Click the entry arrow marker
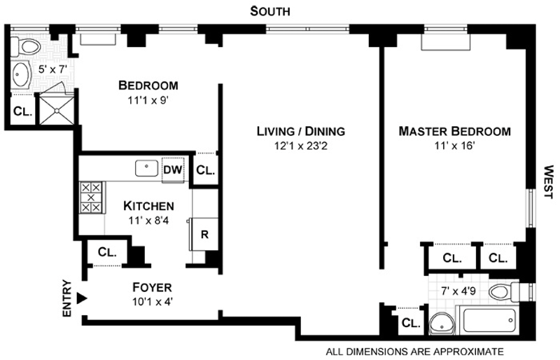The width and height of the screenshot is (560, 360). coord(82,298)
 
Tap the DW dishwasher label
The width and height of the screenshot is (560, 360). coord(172,169)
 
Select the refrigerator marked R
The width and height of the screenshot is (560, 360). coord(204,235)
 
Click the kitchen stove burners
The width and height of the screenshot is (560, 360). coord(91,198)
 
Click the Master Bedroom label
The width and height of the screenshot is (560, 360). coord(454,131)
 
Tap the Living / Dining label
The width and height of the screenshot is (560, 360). coord(300,131)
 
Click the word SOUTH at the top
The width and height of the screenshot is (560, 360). coord(271,11)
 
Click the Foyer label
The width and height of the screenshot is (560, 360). coord(152,288)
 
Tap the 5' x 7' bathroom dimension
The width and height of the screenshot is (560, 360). coord(51,70)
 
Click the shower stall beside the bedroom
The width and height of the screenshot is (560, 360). coord(57,110)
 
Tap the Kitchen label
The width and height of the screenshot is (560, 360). coord(148,206)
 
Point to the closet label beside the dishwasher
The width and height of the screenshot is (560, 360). coord(205,170)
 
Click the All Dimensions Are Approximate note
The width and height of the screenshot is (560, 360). coord(414,351)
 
